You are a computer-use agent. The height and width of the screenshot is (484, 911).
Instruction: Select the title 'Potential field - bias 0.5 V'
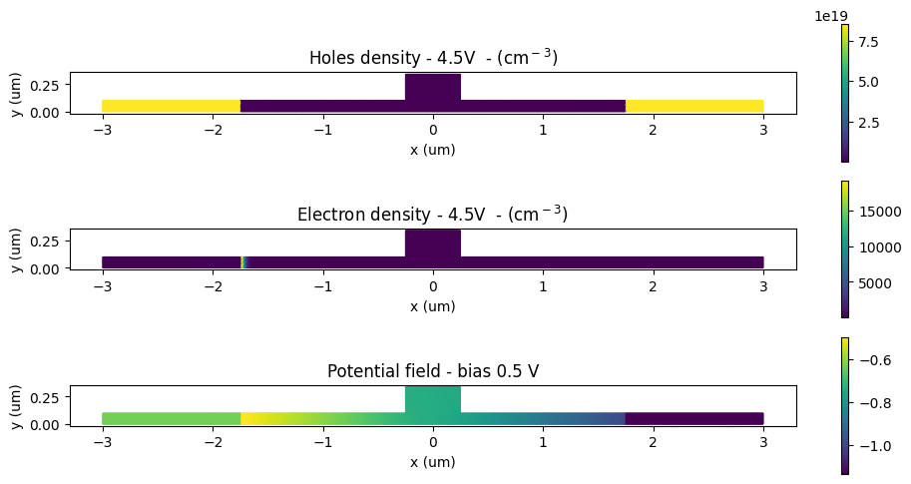432,371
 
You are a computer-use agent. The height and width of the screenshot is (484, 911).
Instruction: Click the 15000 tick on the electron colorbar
875,212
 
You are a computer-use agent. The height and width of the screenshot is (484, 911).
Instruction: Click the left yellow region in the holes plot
171,106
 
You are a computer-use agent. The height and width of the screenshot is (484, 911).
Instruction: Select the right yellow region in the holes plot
693,106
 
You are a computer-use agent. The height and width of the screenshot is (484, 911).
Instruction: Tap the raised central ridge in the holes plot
432,88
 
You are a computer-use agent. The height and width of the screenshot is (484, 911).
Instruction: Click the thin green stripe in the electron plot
243,262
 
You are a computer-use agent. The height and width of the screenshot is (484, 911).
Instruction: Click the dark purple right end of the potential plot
693,419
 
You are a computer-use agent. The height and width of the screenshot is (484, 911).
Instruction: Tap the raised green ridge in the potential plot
432,400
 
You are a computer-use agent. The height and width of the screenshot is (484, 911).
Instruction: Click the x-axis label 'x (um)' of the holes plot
432,149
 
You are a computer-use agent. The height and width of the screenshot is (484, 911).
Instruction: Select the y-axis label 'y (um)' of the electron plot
15,249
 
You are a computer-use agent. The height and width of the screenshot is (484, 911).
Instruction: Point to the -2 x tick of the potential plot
213,442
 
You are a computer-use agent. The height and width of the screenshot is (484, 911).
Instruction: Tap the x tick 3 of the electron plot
763,285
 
